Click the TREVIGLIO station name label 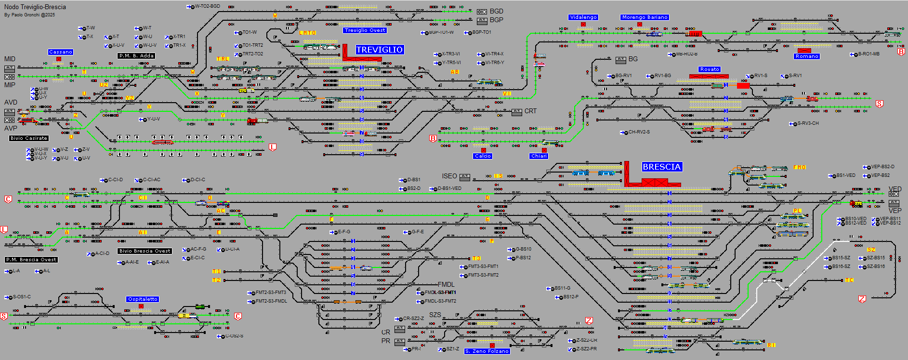[x=380, y=50]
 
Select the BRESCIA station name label [x=661, y=167]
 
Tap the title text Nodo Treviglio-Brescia [x=35, y=7]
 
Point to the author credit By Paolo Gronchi [x=29, y=15]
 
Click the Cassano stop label [x=61, y=52]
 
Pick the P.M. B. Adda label [x=137, y=56]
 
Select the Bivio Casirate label [x=29, y=138]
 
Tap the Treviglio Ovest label [x=365, y=30]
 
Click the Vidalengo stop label [x=583, y=17]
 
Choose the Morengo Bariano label [x=645, y=17]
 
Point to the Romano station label [x=807, y=56]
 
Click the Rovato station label [x=710, y=69]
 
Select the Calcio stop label [x=483, y=156]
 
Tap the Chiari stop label [x=539, y=156]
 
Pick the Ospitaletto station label [x=143, y=299]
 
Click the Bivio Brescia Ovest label [x=145, y=251]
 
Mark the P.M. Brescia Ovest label [x=31, y=260]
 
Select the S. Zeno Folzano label [x=487, y=351]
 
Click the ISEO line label [x=449, y=176]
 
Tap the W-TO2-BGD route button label [x=207, y=6]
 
